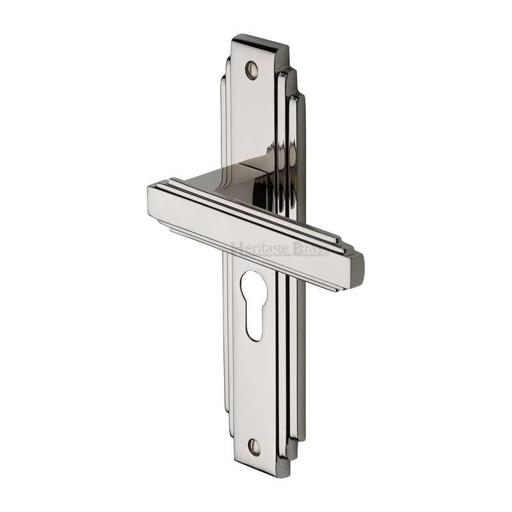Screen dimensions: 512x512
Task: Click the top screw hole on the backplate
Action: coord(252,69)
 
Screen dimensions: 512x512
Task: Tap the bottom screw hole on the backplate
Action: coord(255,447)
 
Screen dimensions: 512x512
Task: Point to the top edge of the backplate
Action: coord(259,40)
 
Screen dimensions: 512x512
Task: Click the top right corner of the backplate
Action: coord(287,47)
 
